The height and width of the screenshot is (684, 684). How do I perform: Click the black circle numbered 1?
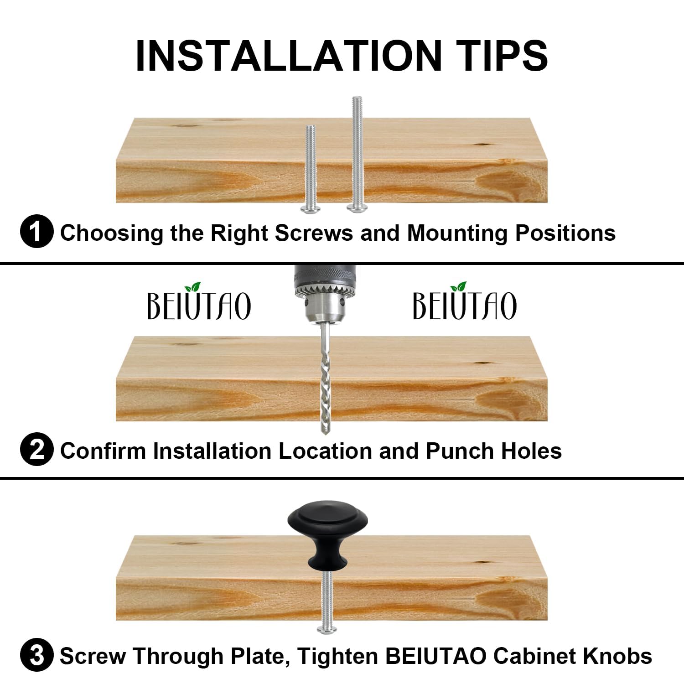click(37, 231)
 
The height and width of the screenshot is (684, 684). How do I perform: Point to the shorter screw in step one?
click(311, 169)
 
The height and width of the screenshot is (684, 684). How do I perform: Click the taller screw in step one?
click(357, 154)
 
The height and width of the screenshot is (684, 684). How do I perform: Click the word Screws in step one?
click(314, 233)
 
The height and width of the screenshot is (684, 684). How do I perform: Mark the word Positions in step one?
click(565, 233)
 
